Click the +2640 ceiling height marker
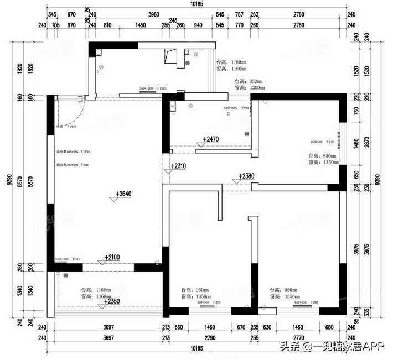[x=124, y=194]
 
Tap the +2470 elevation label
[x=212, y=139]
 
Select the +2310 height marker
[x=179, y=166]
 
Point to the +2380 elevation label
[x=246, y=176]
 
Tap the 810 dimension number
[x=107, y=25]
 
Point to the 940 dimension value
[x=198, y=25]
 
